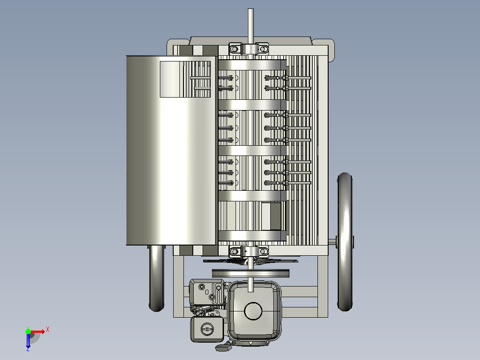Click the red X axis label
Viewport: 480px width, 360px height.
click(x=48, y=330)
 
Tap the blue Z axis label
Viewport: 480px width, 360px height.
click(x=28, y=349)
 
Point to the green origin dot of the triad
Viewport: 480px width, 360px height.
click(x=28, y=331)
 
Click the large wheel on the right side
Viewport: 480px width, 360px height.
click(x=345, y=242)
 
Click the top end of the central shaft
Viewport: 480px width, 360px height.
click(x=250, y=9)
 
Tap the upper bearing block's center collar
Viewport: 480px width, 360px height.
click(x=250, y=49)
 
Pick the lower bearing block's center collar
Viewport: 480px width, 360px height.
click(x=250, y=252)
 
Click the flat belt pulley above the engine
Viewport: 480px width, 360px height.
click(x=250, y=273)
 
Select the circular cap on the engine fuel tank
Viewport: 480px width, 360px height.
click(x=253, y=311)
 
